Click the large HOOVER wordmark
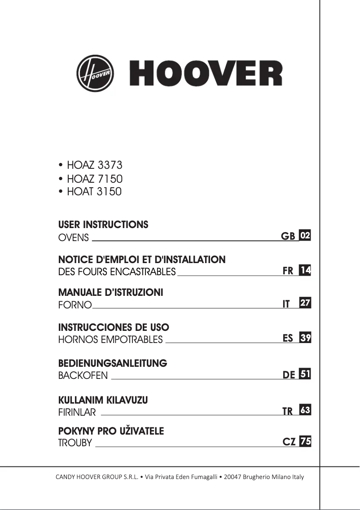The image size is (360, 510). [x=206, y=74]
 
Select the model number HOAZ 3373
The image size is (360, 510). [x=94, y=165]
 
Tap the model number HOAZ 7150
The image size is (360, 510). [x=94, y=179]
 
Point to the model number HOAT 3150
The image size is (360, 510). [x=94, y=192]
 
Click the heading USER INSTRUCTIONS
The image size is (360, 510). [x=103, y=224]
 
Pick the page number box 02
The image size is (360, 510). [x=305, y=236]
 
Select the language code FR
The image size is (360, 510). [x=288, y=271]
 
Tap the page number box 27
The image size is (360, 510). [x=305, y=303]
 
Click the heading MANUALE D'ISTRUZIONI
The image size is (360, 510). [x=110, y=293]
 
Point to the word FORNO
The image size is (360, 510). [x=75, y=306]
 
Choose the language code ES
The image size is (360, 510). [x=288, y=339]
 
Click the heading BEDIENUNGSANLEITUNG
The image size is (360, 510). [x=113, y=363]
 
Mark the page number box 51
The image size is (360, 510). [x=305, y=374]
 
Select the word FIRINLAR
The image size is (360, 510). [x=77, y=412]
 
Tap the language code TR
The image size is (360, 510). [x=287, y=411]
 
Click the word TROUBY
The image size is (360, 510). [x=75, y=443]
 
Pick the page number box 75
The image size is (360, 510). [x=305, y=441]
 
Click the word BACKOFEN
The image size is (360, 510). [x=83, y=376]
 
